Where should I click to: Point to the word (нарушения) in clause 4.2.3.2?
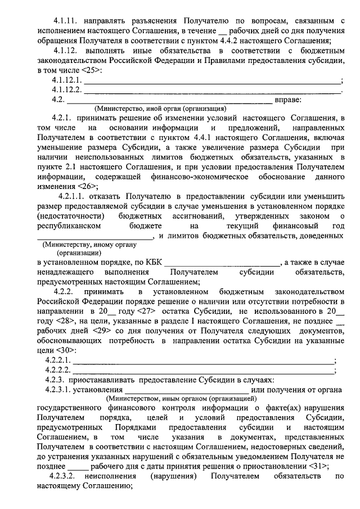pyautogui.click(x=173, y=476)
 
